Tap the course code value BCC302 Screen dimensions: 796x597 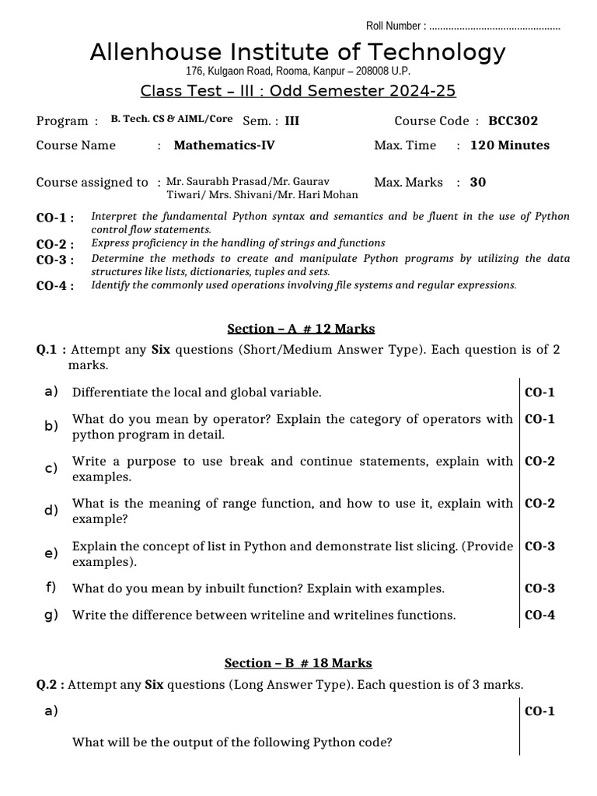(x=513, y=120)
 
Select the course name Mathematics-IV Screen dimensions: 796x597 (x=224, y=145)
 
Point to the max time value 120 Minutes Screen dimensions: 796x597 (x=510, y=145)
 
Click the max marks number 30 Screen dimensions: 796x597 (x=478, y=182)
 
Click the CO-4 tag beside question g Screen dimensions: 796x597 (x=539, y=615)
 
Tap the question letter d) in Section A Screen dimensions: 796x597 (x=52, y=511)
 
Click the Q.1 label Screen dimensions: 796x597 (x=50, y=350)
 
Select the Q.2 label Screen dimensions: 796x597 (x=50, y=685)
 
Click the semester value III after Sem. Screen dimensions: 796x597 (x=292, y=120)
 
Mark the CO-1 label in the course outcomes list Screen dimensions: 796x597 (x=55, y=218)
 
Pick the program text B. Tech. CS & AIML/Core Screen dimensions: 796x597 (x=172, y=120)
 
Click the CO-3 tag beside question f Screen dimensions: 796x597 (x=539, y=588)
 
